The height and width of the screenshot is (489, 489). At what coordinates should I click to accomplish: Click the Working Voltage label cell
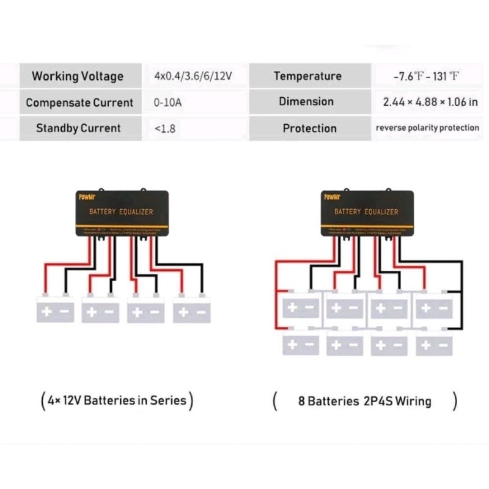(x=78, y=76)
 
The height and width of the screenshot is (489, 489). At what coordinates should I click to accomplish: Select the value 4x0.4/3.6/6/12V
(x=193, y=76)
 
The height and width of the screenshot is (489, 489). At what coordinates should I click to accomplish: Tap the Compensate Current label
(x=79, y=102)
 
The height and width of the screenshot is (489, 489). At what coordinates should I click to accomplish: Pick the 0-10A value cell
(x=167, y=103)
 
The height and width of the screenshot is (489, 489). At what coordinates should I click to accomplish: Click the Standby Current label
(x=78, y=128)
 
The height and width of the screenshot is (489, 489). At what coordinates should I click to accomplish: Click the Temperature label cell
(x=307, y=76)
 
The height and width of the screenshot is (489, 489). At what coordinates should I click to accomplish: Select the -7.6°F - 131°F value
(x=427, y=76)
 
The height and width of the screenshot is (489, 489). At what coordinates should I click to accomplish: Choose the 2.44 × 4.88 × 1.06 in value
(x=430, y=102)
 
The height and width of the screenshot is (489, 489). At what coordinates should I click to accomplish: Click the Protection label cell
(x=309, y=128)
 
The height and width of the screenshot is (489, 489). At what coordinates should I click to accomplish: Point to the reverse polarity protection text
(x=427, y=128)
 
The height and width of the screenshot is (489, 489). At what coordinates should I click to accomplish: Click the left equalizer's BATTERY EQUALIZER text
(x=121, y=211)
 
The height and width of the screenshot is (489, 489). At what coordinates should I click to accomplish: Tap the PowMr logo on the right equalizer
(x=333, y=196)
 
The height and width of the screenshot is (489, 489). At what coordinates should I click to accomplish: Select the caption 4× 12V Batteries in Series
(x=117, y=401)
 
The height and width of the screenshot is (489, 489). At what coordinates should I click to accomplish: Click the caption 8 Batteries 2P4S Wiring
(x=364, y=402)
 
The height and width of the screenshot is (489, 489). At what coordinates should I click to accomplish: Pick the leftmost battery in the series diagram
(x=55, y=310)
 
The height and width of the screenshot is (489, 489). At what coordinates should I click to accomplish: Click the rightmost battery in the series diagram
(x=192, y=310)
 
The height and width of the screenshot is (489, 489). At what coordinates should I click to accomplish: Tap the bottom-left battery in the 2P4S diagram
(x=301, y=344)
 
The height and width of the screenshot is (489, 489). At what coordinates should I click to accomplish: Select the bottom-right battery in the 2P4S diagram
(x=434, y=344)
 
